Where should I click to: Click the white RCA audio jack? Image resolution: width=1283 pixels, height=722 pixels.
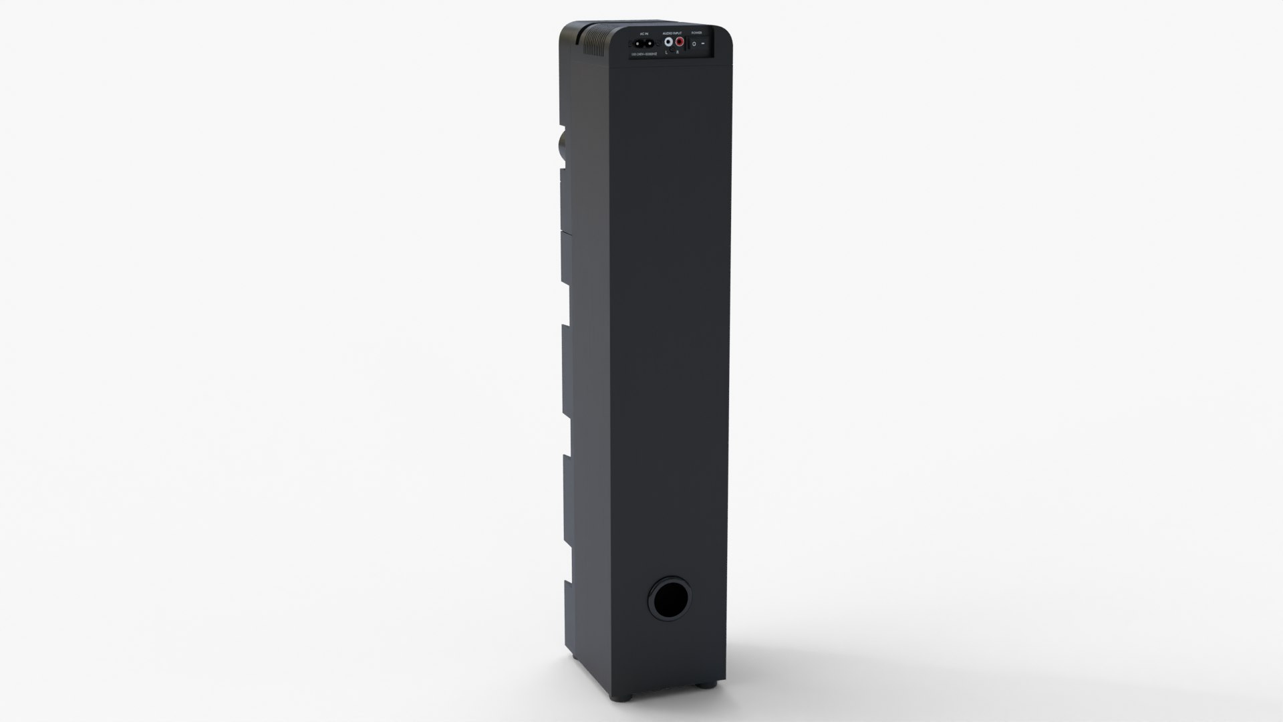point(668,42)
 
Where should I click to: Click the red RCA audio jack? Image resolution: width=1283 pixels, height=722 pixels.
point(680,41)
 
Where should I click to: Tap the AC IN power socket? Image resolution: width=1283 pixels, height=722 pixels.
point(644,44)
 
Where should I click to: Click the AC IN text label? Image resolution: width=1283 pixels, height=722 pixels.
point(644,34)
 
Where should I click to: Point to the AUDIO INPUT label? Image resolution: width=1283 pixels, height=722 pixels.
point(672,33)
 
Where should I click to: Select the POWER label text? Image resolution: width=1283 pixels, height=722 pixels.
point(696,33)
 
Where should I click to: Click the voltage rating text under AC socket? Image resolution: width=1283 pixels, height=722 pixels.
point(644,54)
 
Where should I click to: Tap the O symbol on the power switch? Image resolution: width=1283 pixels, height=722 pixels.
point(694,44)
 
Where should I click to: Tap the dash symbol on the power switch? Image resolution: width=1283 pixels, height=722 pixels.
point(703,43)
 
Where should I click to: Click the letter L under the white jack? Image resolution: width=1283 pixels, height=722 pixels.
point(666,53)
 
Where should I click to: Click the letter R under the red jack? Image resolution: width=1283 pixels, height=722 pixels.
point(678,52)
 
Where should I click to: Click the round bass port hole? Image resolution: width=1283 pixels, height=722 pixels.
point(669,596)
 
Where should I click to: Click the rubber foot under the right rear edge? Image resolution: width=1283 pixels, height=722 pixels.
point(706,685)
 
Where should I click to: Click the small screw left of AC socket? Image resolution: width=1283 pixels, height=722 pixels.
point(630,44)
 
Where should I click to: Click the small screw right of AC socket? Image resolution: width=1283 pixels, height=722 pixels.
point(658,43)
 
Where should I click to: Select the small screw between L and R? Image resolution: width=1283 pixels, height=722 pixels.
point(672,49)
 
